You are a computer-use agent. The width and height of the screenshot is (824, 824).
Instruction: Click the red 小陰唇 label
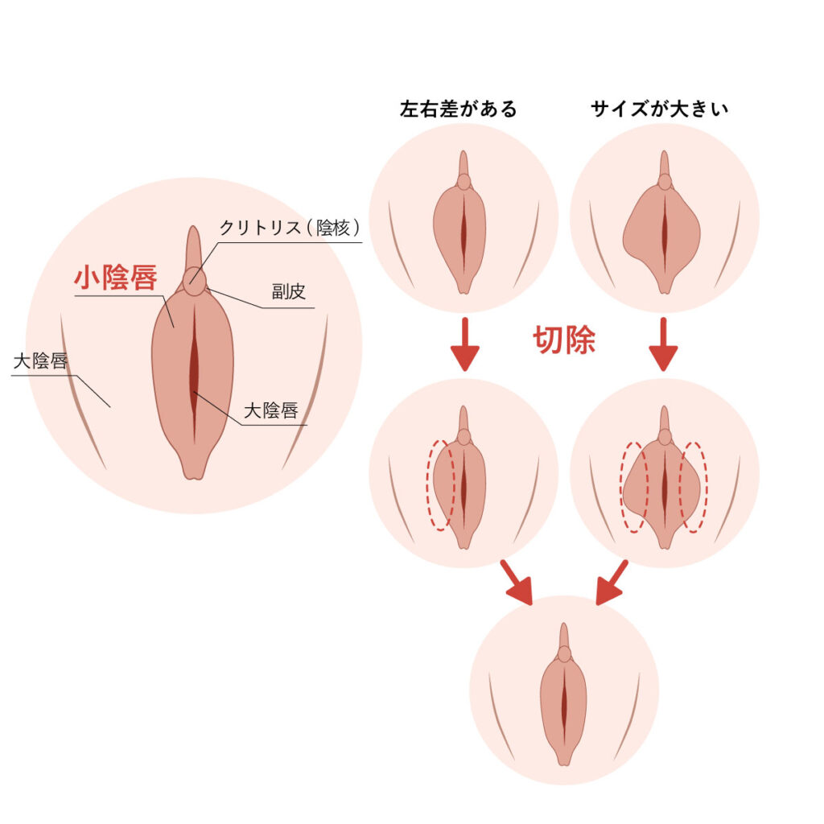pyautogui.click(x=116, y=277)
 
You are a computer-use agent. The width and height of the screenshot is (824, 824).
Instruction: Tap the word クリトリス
pyautogui.click(x=261, y=228)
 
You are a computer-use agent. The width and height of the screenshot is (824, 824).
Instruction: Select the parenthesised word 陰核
pyautogui.click(x=333, y=228)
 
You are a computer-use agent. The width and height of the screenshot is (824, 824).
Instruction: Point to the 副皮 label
pyautogui.click(x=289, y=291)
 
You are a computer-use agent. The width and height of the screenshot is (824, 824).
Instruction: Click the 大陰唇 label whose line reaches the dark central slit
pyautogui.click(x=271, y=410)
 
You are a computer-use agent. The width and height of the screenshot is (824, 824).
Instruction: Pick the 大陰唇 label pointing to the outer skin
pyautogui.click(x=40, y=361)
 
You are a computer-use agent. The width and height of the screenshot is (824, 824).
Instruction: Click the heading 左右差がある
pyautogui.click(x=458, y=109)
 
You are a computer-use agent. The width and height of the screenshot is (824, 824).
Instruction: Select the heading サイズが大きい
pyautogui.click(x=660, y=109)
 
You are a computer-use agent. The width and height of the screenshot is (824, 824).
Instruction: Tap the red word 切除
pyautogui.click(x=564, y=340)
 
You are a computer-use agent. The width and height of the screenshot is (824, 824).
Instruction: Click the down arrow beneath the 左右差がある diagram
pyautogui.click(x=464, y=344)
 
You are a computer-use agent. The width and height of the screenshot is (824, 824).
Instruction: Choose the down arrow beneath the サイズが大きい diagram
pyautogui.click(x=663, y=344)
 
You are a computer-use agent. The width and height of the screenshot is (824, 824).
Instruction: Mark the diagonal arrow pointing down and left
pyautogui.click(x=612, y=583)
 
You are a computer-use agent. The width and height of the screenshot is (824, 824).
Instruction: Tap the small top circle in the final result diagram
pyautogui.click(x=564, y=654)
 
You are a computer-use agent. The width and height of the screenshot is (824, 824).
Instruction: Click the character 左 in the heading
pyautogui.click(x=409, y=109)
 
